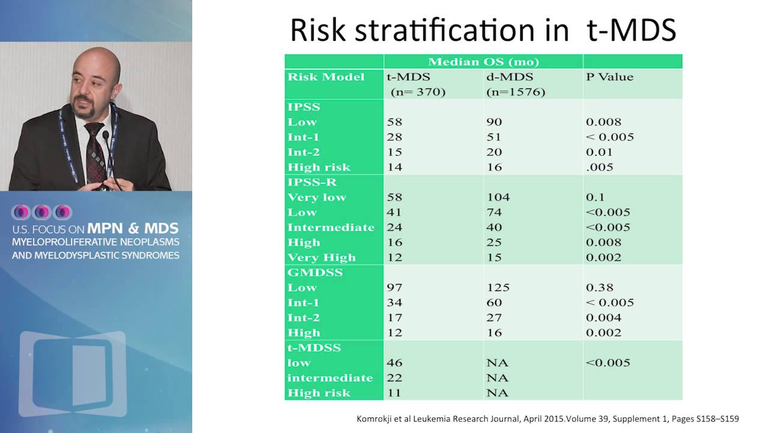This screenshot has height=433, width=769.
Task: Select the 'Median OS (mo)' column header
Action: tap(483, 62)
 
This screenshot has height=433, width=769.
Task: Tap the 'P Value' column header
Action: tap(609, 77)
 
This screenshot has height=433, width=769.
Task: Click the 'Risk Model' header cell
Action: tap(326, 77)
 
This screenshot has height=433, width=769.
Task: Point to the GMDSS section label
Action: tap(315, 272)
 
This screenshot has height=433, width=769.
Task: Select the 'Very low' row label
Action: tap(317, 197)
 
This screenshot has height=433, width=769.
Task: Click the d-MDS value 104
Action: tap(498, 197)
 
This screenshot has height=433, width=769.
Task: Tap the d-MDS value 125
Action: tap(498, 287)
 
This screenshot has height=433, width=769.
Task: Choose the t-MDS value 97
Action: tap(395, 287)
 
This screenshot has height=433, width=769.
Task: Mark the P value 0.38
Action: tap(599, 287)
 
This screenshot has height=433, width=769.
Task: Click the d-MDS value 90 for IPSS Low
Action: tap(494, 122)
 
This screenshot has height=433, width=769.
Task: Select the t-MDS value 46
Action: tap(395, 363)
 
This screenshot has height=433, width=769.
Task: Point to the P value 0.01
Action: tap(599, 152)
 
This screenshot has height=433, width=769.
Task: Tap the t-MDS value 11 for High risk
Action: tap(394, 393)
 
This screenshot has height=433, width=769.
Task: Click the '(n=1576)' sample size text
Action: tap(515, 92)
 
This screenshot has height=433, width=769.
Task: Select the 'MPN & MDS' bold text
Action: tap(133, 229)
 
